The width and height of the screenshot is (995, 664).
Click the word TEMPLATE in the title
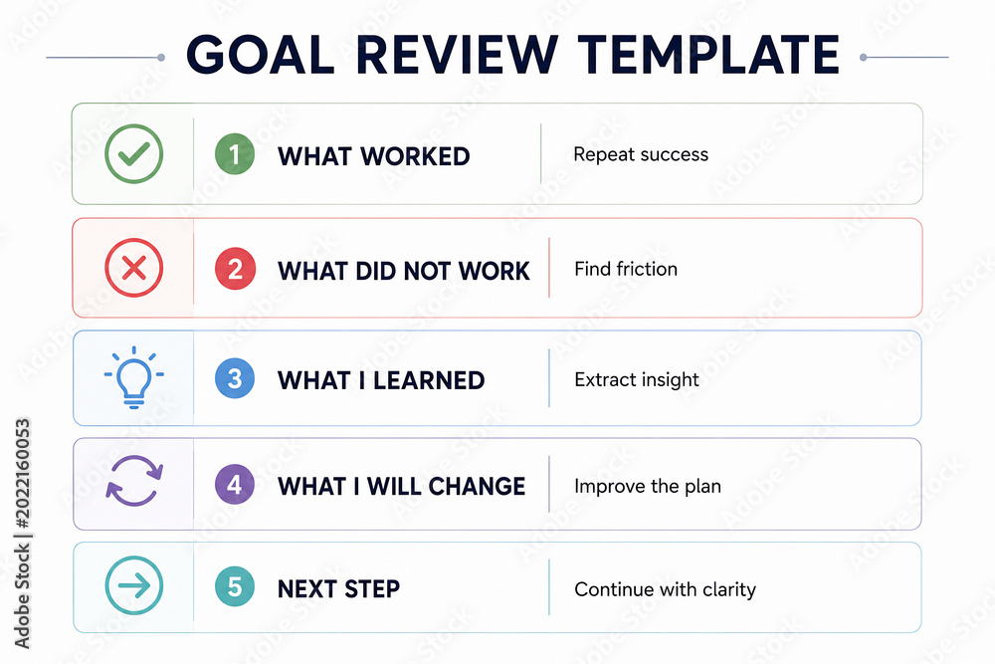pyautogui.click(x=708, y=55)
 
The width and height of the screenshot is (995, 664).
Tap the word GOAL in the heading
pyautogui.click(x=260, y=55)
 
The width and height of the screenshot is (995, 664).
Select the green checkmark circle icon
pyautogui.click(x=134, y=153)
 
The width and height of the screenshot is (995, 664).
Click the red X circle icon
pyautogui.click(x=134, y=268)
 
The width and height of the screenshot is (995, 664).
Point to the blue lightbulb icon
pyautogui.click(x=134, y=377)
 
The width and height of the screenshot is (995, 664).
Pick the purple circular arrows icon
pyautogui.click(x=134, y=481)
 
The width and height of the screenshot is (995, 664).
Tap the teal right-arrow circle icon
pyautogui.click(x=134, y=585)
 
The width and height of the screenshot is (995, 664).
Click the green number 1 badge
pyautogui.click(x=235, y=154)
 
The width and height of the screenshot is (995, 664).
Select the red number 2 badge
pyautogui.click(x=235, y=269)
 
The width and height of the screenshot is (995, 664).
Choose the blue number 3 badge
pyautogui.click(x=235, y=378)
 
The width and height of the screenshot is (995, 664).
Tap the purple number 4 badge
pyautogui.click(x=235, y=485)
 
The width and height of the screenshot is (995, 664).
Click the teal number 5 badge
pyautogui.click(x=235, y=586)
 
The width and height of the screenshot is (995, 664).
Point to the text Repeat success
pyautogui.click(x=641, y=155)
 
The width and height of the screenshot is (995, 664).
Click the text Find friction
pyautogui.click(x=626, y=269)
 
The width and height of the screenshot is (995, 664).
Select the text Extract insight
pyautogui.click(x=637, y=379)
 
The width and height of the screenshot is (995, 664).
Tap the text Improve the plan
pyautogui.click(x=648, y=486)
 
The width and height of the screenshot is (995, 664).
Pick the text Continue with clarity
pyautogui.click(x=665, y=589)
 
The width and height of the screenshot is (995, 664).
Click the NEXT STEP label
pyautogui.click(x=339, y=589)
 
